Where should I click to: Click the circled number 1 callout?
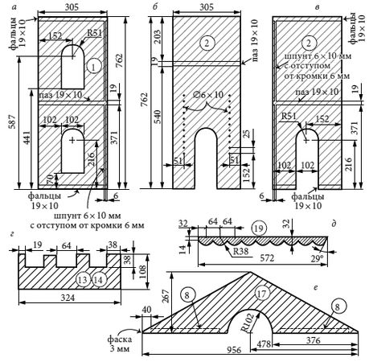pyautogui.click(x=93, y=67)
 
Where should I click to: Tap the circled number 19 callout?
pyautogui.click(x=259, y=228)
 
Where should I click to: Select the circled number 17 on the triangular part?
pyautogui.click(x=261, y=294)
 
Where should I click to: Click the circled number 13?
pyautogui.click(x=83, y=280)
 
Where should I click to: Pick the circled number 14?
pyautogui.click(x=99, y=280)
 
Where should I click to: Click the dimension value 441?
pyautogui.click(x=26, y=138)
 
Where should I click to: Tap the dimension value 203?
pyautogui.click(x=158, y=37)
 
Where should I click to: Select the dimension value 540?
pyautogui.click(x=158, y=117)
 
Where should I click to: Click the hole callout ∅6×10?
pyautogui.click(x=209, y=95)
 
